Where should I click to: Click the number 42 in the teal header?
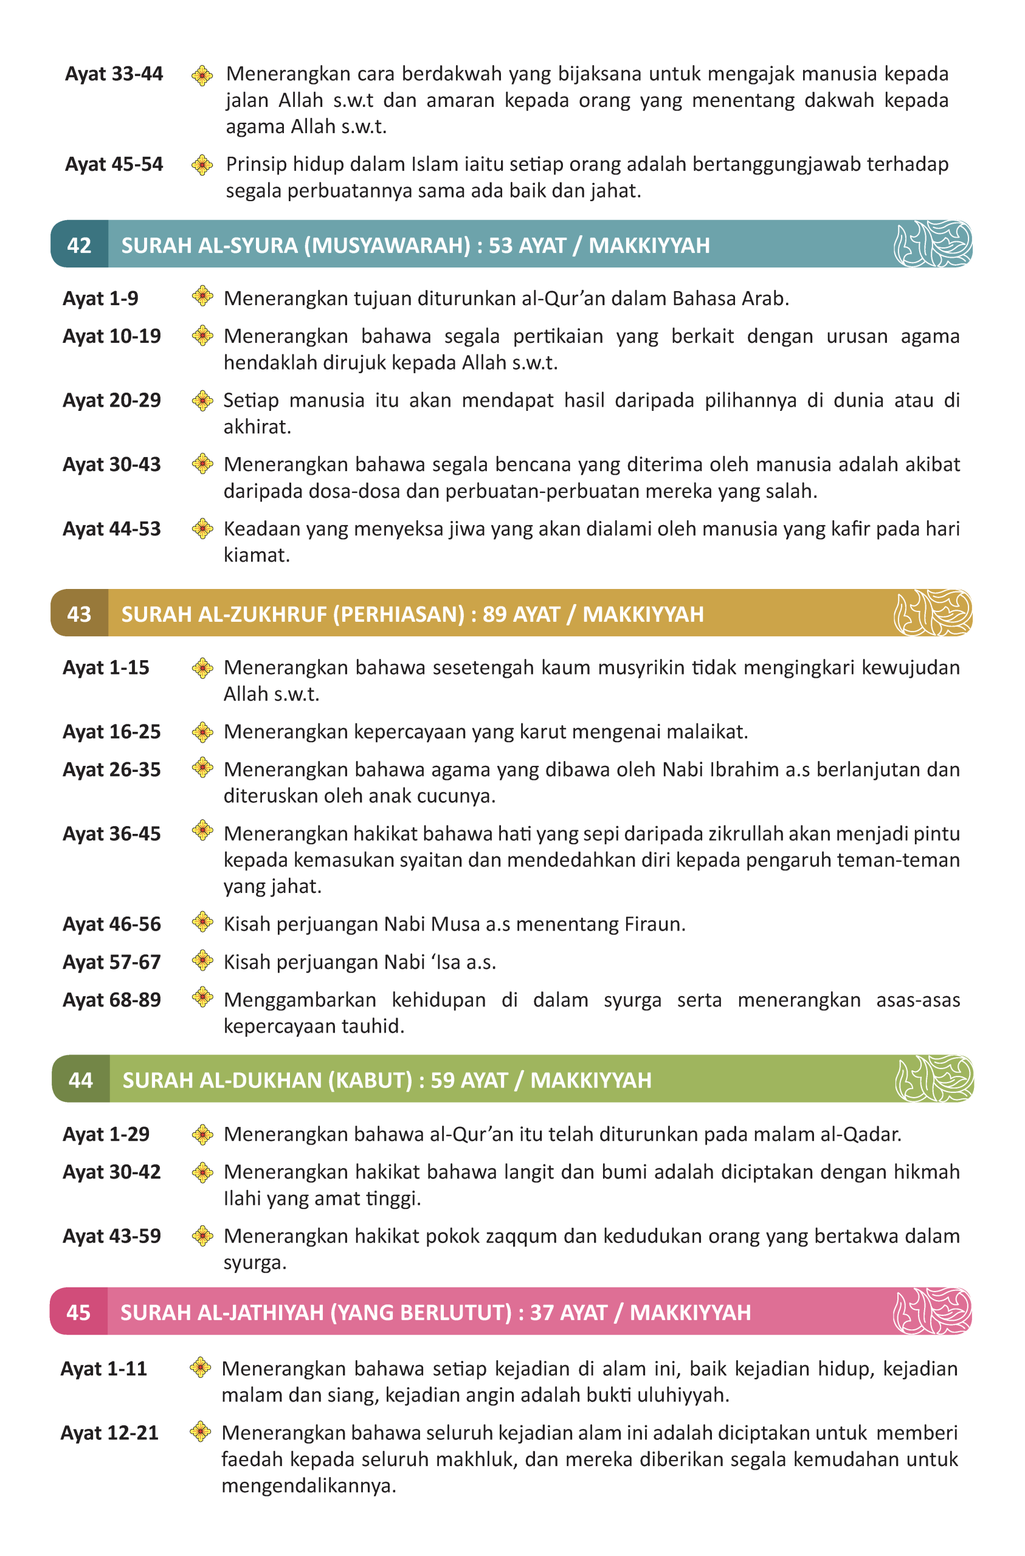point(79,245)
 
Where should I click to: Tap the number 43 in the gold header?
point(79,614)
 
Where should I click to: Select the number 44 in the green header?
point(80,1079)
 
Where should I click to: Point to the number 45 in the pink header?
point(78,1312)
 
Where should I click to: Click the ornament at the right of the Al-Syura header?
point(932,244)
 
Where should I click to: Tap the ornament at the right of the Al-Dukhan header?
point(933,1078)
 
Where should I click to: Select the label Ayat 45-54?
point(114,164)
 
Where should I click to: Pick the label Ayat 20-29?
point(112,400)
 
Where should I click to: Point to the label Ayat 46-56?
point(112,924)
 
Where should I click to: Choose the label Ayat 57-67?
point(112,962)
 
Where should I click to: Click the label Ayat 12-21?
point(110,1433)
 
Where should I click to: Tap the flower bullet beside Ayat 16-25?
point(202,732)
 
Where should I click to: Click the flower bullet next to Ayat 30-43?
point(202,464)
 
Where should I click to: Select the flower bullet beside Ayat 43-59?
point(202,1236)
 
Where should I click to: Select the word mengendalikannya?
point(308,1485)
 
